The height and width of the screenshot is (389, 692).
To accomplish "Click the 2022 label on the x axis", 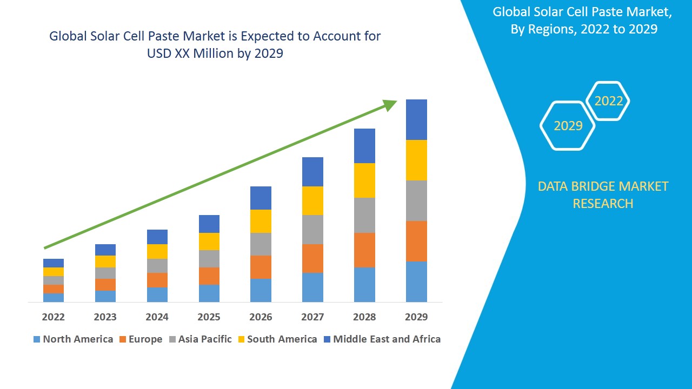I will point(53,317).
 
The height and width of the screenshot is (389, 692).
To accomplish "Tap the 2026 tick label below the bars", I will point(261,317).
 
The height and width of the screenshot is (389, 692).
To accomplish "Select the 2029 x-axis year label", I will point(416,317).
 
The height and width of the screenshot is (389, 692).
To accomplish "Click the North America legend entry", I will point(73,339).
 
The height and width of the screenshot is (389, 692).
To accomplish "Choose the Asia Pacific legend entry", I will point(201,339).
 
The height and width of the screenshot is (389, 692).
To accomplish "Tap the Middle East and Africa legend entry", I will point(382,339).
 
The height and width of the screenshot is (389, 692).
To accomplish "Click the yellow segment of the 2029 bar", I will point(416,160).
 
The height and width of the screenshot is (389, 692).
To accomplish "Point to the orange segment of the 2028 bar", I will point(364,250).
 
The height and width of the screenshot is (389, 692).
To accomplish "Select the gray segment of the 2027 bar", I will point(312,230).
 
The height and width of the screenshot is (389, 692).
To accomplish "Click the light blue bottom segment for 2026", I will point(261,290).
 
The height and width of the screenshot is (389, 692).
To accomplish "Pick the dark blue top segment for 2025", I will point(209,224).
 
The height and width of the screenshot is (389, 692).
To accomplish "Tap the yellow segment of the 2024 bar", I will point(157,251).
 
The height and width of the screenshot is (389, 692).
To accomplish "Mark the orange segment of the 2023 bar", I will point(105,285).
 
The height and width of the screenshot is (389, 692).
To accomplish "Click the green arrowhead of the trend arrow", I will point(390,105).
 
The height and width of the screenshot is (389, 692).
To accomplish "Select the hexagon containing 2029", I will point(568,125).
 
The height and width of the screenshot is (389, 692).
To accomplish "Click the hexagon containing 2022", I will point(608,101).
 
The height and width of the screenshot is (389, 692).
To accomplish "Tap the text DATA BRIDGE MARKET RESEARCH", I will point(603,195).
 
